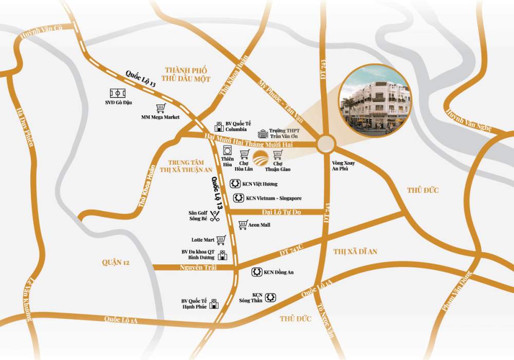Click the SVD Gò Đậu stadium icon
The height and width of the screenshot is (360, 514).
tap(118, 94)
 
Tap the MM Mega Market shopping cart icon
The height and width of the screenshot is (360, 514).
tap(160, 109)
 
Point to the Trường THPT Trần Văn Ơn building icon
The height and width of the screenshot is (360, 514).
tap(263, 134)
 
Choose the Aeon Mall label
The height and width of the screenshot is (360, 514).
tap(259, 225)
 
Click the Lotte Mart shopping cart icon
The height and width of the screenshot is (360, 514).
tap(222, 239)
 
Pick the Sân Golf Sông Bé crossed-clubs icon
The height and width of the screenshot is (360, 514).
tap(214, 217)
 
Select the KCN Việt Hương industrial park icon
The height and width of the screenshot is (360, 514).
tap(234, 183)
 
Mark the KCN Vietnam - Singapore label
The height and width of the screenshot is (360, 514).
tap(273, 198)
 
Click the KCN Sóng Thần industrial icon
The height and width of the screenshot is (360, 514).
tap(271, 297)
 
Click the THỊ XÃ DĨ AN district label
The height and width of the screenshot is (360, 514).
tap(355, 251)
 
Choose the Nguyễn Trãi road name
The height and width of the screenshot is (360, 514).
tap(198, 267)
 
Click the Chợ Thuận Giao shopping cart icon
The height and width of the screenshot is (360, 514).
tap(278, 154)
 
